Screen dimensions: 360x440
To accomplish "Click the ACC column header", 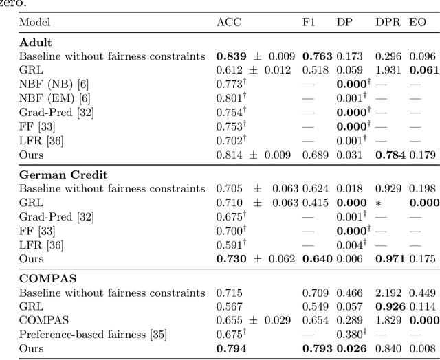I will [229, 22].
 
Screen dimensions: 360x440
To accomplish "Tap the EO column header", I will [419, 22].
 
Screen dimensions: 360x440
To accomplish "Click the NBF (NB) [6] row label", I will [54, 83].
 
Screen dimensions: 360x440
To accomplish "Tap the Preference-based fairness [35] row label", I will [93, 334].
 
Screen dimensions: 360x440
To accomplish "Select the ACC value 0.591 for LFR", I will [232, 245].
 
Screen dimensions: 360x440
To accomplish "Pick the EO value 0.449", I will [423, 294].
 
